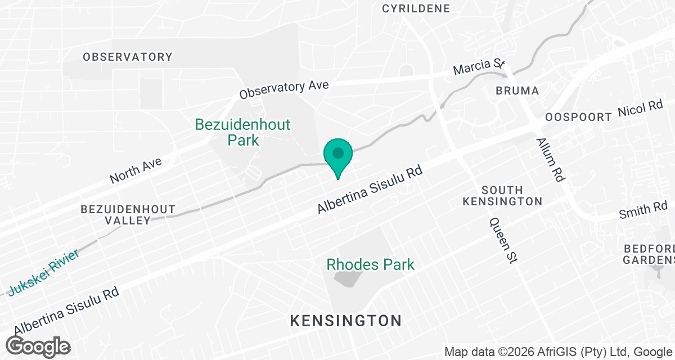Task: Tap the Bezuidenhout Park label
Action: coord(243,132)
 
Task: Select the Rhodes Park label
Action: coord(370,264)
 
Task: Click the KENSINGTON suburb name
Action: coord(345,321)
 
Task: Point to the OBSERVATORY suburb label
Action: coord(128,57)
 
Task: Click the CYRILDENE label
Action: coord(416,8)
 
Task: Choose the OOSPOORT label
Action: coord(578,117)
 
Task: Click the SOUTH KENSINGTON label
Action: coord(503,196)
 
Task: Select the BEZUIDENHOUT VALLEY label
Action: coord(128,214)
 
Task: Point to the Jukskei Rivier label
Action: coord(43,272)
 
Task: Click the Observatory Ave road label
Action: coord(283,89)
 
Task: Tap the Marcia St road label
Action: coord(479,67)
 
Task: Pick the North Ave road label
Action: coord(136,170)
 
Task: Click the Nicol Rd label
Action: coord(640,109)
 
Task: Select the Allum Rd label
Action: coord(550,160)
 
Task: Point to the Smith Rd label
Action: coord(643,211)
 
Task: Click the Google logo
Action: coord(38,345)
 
